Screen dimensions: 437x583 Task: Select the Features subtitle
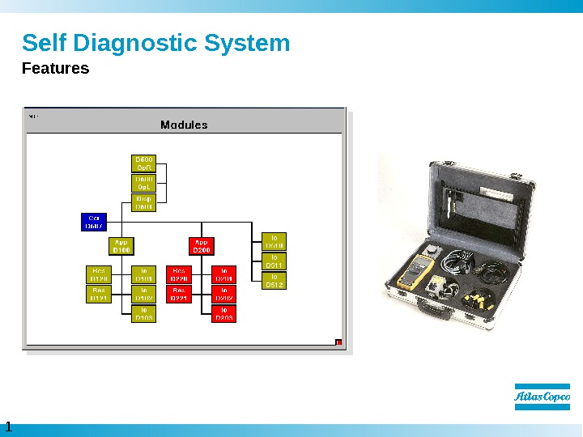point(55,69)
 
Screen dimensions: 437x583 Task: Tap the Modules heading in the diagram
point(184,125)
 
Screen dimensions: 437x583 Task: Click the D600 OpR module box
point(144,163)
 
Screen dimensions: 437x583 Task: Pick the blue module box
point(94,222)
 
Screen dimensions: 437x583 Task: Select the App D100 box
point(121,246)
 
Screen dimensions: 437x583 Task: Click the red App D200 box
point(202,246)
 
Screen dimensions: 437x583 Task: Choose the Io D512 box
point(274,281)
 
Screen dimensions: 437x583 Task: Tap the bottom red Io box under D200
point(224,314)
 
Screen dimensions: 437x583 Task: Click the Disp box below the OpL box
point(144,202)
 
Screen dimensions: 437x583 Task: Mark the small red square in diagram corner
point(339,342)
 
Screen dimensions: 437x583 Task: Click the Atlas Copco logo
point(542,397)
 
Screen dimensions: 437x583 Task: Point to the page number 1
point(8,426)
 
